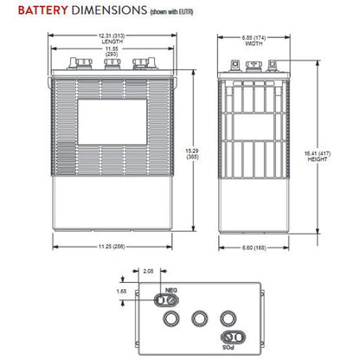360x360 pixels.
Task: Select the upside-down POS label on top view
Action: click(231, 347)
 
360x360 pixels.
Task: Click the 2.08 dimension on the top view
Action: click(149, 272)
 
